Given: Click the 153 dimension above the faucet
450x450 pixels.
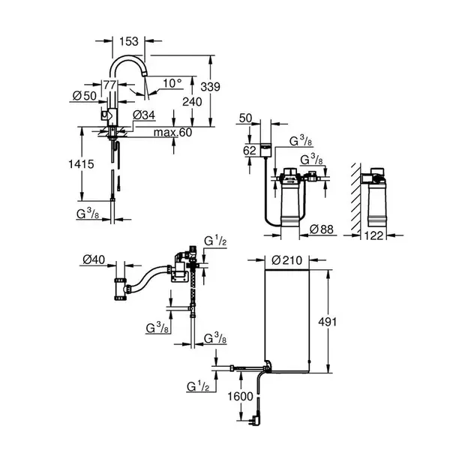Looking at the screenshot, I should pyautogui.click(x=130, y=42).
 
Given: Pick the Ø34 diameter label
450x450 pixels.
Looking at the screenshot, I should pyautogui.click(x=143, y=114).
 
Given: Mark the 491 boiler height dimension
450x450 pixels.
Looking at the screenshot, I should pyautogui.click(x=341, y=321).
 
